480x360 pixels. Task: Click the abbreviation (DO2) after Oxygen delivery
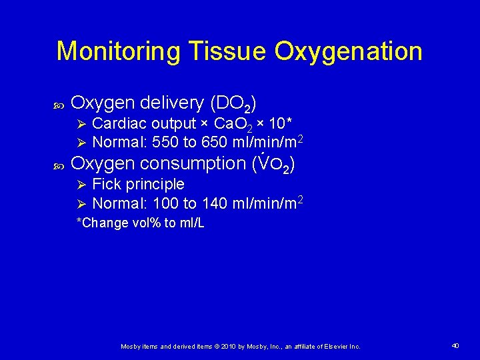click(x=233, y=103)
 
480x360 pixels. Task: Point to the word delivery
click(x=173, y=103)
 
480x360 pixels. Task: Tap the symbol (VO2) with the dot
click(x=274, y=164)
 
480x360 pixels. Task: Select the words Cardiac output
click(x=143, y=124)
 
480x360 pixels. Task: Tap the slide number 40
click(x=455, y=346)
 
